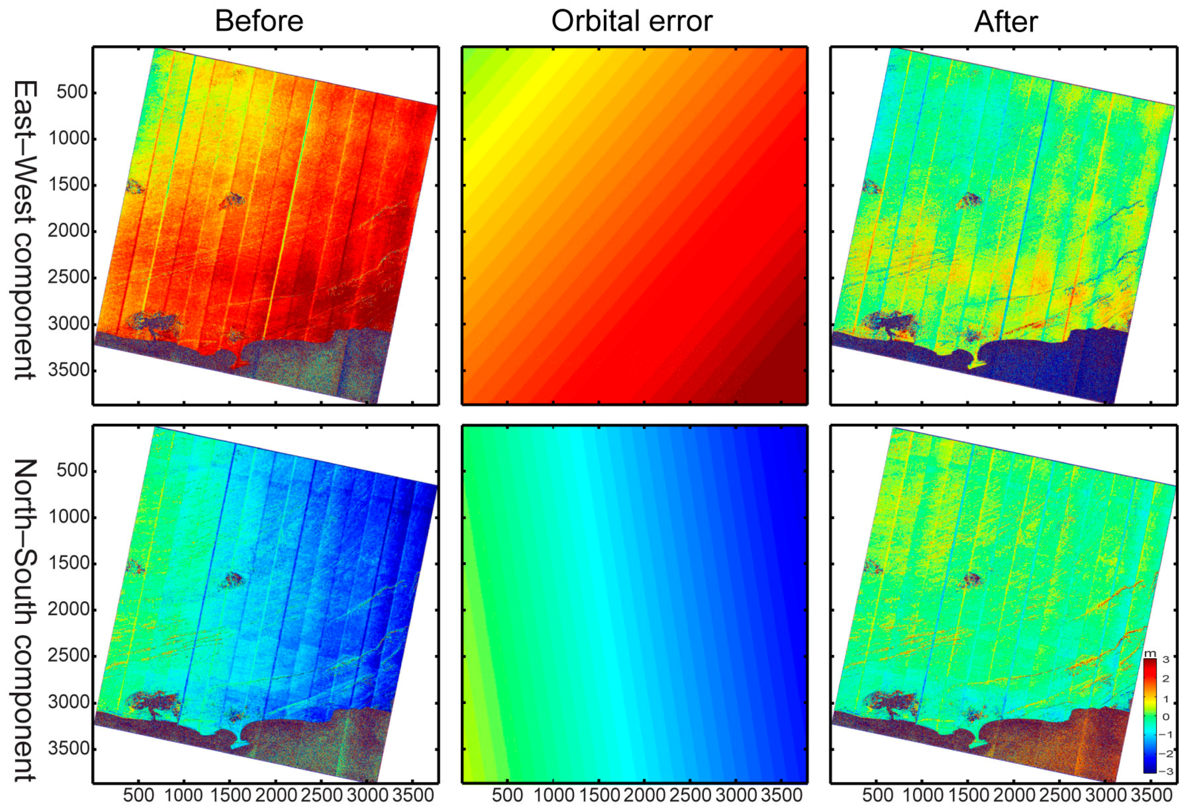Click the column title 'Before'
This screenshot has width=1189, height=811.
pyautogui.click(x=259, y=22)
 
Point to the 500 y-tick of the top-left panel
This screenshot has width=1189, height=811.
pyautogui.click(x=72, y=92)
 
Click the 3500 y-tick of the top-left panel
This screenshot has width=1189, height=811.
pyautogui.click(x=68, y=370)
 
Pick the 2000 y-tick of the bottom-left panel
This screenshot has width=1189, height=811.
pyautogui.click(x=68, y=609)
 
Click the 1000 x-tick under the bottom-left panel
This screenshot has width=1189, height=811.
pyautogui.click(x=184, y=795)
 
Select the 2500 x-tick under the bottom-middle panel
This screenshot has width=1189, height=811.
pyautogui.click(x=690, y=795)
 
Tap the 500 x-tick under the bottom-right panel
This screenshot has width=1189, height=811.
pyautogui.click(x=877, y=795)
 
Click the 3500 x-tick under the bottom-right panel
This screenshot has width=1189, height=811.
pyautogui.click(x=1151, y=795)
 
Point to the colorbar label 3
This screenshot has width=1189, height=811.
pyautogui.click(x=1166, y=659)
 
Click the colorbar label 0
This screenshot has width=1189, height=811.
pyautogui.click(x=1166, y=717)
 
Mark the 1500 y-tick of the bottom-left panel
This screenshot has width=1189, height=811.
pyautogui.click(x=68, y=563)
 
